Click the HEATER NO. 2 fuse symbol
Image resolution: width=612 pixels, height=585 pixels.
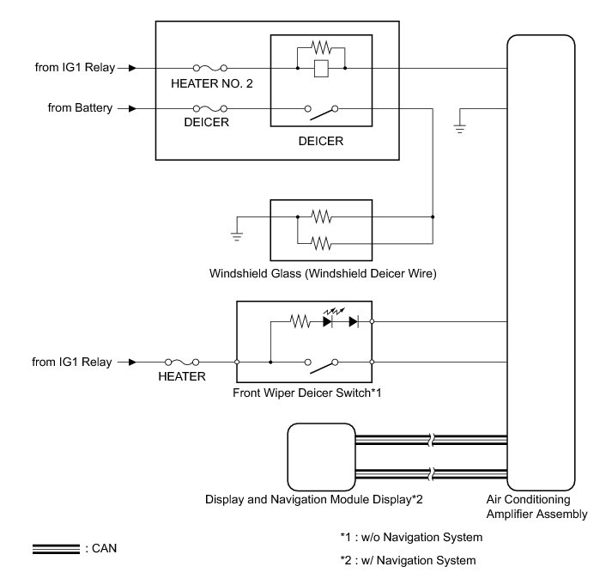point(211,67)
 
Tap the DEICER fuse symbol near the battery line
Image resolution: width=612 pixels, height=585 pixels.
point(211,109)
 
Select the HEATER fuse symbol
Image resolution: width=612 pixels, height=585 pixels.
point(182,363)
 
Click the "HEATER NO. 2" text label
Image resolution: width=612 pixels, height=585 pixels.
point(211,84)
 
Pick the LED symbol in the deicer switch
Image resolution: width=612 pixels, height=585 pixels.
point(330,322)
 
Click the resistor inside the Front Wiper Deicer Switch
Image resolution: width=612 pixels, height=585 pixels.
point(300,322)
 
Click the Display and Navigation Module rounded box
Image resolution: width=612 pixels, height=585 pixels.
point(319,454)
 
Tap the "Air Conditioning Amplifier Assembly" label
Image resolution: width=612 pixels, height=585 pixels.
point(541,506)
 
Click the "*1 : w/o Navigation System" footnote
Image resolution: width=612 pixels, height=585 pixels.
point(411,538)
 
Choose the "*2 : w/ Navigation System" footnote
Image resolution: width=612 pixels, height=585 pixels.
point(408,561)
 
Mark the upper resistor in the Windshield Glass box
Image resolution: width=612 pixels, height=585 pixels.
point(321,216)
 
